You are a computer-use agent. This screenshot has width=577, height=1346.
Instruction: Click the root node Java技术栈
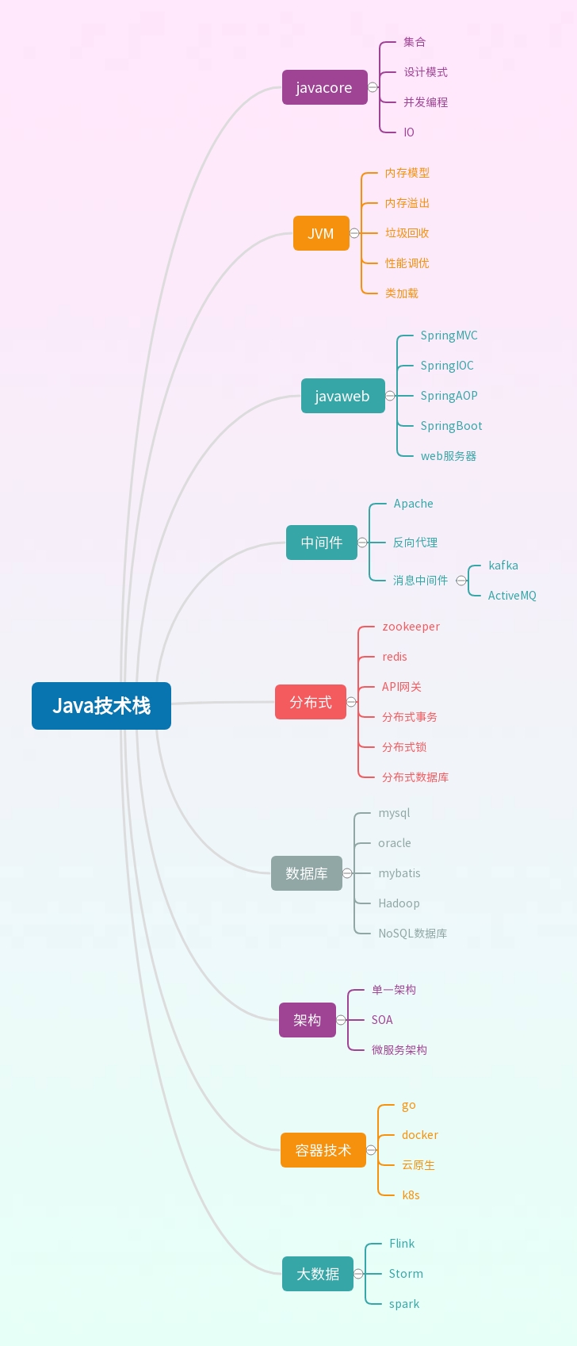pos(101,705)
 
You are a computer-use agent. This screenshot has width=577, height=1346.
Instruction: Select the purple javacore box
pos(325,87)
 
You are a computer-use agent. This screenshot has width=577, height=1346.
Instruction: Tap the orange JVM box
pos(321,233)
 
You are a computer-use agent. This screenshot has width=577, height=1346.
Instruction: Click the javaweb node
pos(343,395)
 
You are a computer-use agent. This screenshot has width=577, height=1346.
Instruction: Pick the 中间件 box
pos(322,543)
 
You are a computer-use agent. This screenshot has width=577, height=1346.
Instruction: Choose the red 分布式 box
pos(311,702)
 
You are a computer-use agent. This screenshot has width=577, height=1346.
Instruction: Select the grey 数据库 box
pos(307,873)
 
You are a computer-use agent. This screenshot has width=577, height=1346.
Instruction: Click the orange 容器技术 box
pos(323,1150)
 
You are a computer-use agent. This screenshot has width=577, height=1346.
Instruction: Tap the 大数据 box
pos(318,1273)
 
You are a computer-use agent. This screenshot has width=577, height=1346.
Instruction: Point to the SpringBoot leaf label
pos(451,426)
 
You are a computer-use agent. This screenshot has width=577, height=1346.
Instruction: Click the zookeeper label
pos(411,627)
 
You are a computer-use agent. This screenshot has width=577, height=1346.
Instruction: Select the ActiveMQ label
pos(512,596)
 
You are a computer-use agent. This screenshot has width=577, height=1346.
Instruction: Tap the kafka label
pos(503,566)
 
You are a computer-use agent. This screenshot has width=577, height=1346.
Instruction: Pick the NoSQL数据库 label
pos(412,934)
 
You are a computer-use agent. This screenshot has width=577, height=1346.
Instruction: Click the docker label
pos(420,1135)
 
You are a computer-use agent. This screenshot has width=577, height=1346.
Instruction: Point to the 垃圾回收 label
pos(407,233)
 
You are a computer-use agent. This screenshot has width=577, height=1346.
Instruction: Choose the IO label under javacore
pos(409,132)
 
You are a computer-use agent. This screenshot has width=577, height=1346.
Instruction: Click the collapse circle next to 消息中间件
pos(461,581)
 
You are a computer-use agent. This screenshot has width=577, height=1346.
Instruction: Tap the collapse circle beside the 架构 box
pos(341,1020)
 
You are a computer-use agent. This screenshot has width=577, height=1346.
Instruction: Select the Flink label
pos(402,1243)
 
